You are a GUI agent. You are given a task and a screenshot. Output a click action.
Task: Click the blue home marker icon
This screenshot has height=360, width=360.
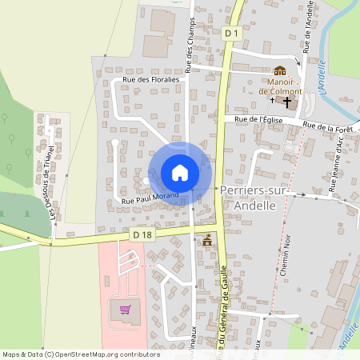point(180,172)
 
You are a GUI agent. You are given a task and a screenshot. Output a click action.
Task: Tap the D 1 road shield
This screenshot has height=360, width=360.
point(231,32)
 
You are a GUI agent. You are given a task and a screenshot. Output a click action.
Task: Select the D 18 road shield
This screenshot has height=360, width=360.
point(142,234)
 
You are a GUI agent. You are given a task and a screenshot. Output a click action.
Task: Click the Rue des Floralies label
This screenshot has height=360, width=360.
point(154,80)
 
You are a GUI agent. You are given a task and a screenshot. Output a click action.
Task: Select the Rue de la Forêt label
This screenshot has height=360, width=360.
point(329,126)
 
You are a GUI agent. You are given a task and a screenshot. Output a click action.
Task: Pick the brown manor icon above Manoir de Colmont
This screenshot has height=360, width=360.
point(280,71)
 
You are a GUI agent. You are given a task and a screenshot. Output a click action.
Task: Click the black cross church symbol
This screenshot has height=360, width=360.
point(287,102)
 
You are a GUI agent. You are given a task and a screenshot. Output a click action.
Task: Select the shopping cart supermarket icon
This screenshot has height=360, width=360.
point(125,309)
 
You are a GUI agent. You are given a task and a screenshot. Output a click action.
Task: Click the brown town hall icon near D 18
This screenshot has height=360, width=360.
point(208,240)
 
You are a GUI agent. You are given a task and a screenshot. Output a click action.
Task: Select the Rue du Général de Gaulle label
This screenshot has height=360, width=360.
point(223,316)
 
